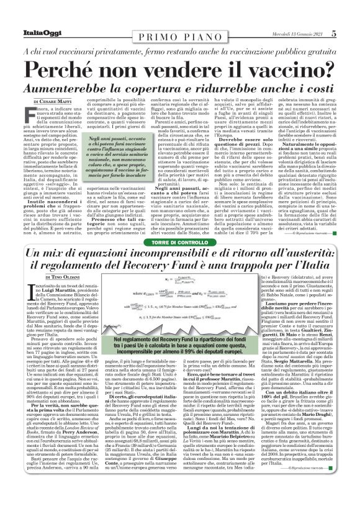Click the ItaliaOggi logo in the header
pyautogui.click(x=30, y=16)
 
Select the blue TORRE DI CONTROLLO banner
pyautogui.click(x=179, y=242)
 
